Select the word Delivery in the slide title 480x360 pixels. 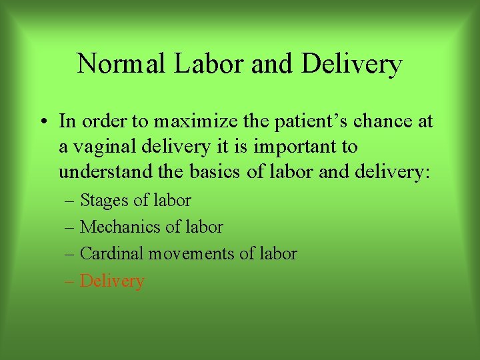pyautogui.click(x=351, y=65)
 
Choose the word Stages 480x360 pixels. pyautogui.click(x=105, y=201)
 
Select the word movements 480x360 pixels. pyautogui.click(x=187, y=254)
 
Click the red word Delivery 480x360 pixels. pyautogui.click(x=112, y=281)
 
